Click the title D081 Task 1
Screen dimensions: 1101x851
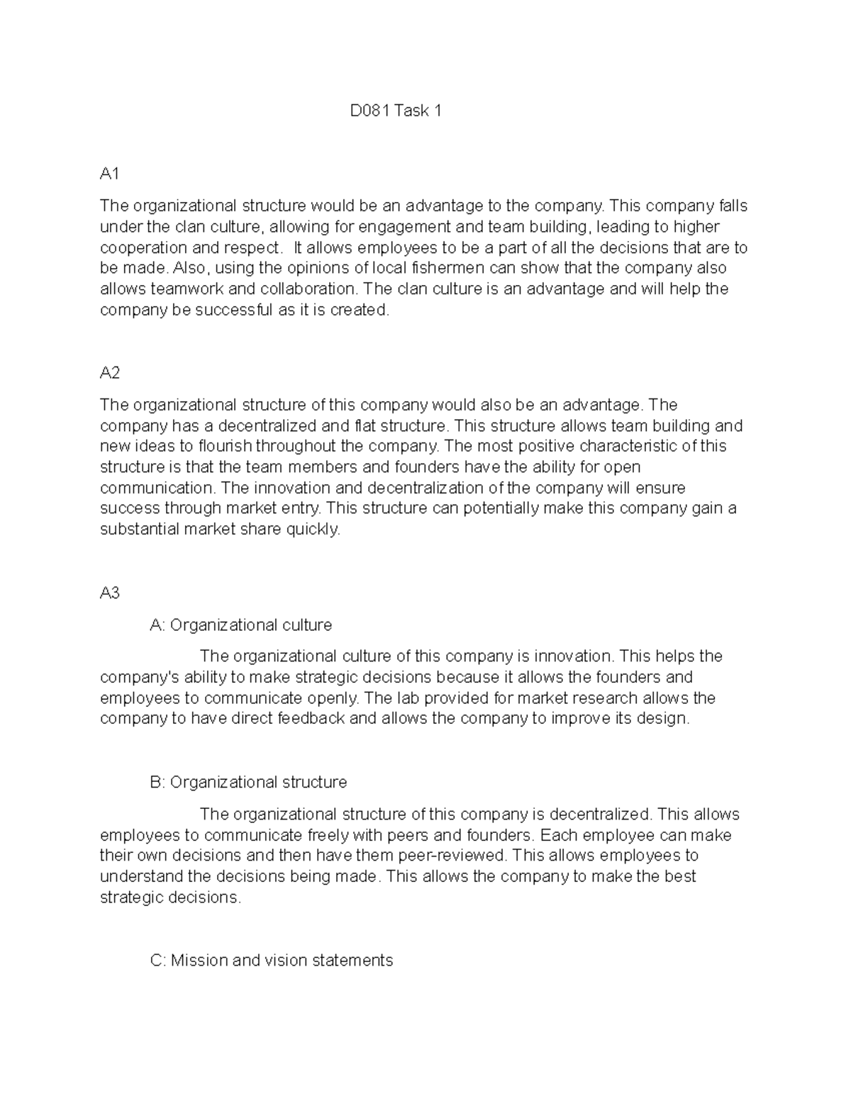[396, 111]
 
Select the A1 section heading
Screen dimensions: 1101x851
[110, 174]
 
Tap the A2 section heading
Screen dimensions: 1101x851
[110, 373]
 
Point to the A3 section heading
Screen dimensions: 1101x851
[110, 593]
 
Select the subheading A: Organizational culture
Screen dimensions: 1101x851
[241, 625]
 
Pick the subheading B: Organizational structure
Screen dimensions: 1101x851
[248, 782]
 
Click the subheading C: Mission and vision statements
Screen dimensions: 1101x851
[272, 961]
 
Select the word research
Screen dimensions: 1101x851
[608, 698]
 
